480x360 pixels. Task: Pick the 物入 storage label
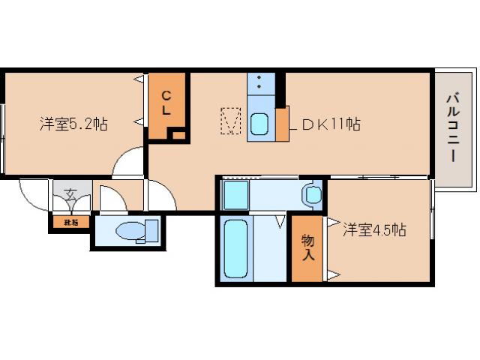tap(307, 248)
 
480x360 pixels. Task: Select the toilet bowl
tap(135, 231)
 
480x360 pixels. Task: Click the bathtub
tap(236, 249)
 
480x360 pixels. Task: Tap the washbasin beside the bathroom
tap(311, 195)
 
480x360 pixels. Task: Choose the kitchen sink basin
tap(260, 124)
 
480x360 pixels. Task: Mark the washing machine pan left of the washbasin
tap(235, 194)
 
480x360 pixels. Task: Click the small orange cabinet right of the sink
tap(282, 124)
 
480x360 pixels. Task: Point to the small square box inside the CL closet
tap(177, 135)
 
